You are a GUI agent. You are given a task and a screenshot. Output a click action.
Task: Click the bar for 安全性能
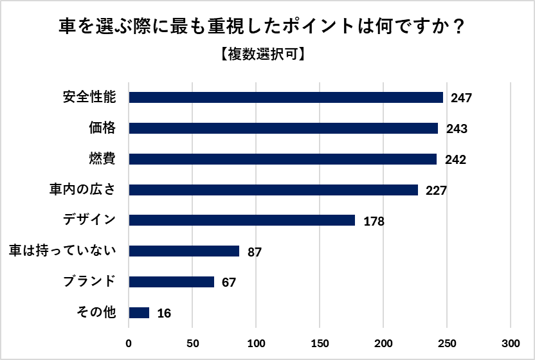coord(286,98)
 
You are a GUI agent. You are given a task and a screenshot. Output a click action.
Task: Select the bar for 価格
coord(284,129)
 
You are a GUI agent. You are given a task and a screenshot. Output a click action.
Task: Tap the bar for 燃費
coord(283,159)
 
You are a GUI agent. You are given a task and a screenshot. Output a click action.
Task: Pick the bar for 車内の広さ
coord(273,190)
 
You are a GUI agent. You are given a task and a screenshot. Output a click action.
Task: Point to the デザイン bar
coord(242,221)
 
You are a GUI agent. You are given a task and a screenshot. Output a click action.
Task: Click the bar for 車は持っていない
coord(184,251)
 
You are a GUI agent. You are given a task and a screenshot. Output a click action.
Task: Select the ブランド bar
coord(171,282)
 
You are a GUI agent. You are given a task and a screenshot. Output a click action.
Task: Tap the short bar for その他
coord(139,313)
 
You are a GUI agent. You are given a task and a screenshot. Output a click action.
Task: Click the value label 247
coord(461,98)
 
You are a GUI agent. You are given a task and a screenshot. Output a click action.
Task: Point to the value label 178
coord(373,222)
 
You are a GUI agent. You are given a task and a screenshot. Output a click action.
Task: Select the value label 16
coord(163,314)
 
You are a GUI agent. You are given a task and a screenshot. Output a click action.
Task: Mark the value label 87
coord(254,253)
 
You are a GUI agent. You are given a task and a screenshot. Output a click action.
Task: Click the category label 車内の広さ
coord(83,190)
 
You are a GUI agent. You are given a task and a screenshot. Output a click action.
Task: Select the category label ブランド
coord(89,282)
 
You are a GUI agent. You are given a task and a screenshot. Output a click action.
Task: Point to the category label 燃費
coord(102,159)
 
